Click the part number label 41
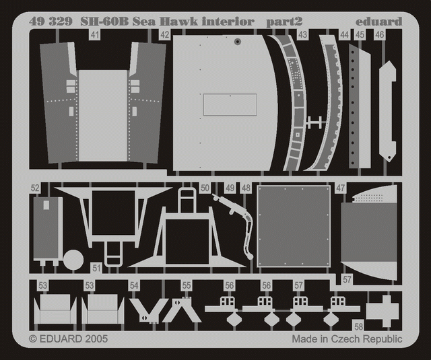click(94, 35)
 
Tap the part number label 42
click(164, 35)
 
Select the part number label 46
click(379, 35)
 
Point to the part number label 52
click(35, 188)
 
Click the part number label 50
click(205, 188)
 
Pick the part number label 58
click(358, 327)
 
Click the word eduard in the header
click(378, 22)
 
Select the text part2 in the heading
click(284, 22)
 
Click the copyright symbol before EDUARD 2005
click(33, 339)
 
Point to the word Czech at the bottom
click(345, 339)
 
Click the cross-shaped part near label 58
click(383, 311)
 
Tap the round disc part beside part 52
click(73, 260)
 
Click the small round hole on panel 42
click(238, 42)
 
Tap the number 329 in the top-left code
click(61, 21)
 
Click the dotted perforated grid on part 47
click(368, 198)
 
